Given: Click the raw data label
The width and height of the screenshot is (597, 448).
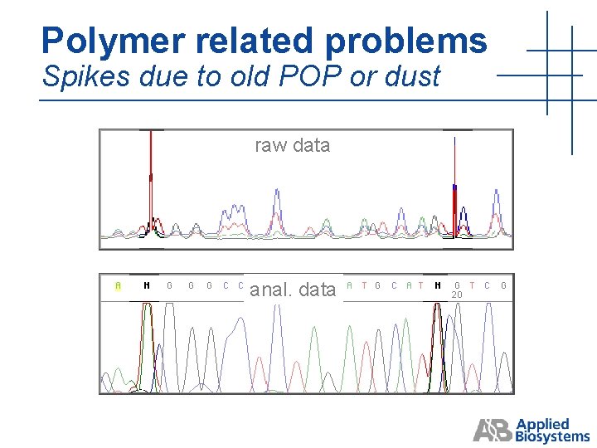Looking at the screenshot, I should pos(292,145).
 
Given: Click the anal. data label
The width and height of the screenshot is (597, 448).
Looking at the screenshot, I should pos(293,290).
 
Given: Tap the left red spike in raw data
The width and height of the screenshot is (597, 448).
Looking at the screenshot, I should pos(150,174).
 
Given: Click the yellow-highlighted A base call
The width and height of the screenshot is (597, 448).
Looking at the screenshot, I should pos(119,285).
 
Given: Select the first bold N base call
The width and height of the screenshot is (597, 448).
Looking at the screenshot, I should pos(147,285).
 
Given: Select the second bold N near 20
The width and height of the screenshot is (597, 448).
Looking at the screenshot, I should pos(438,285).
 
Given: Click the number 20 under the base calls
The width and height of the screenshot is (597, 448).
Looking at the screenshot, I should pos(456,295).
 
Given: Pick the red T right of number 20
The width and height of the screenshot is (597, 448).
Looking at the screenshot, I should pos(472,285).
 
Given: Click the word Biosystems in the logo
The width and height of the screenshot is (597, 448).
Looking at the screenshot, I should pos(553,436).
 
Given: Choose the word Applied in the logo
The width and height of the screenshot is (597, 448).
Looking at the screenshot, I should pos(543,423).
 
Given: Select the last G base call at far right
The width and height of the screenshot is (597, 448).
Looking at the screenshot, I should pos(503,285).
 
